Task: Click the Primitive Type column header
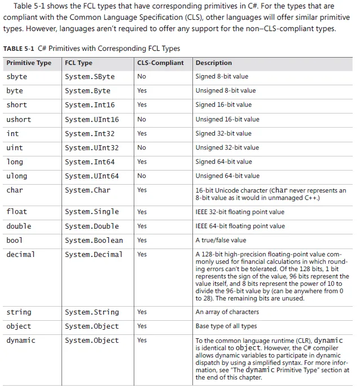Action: [x=29, y=63]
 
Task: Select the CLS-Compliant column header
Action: [x=160, y=63]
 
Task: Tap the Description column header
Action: [x=213, y=63]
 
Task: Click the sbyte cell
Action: [x=16, y=76]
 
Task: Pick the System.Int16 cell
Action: [x=90, y=105]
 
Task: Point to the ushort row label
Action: [x=19, y=119]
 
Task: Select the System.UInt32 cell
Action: [x=92, y=147]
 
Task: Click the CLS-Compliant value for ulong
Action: [x=142, y=176]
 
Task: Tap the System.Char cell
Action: [x=87, y=190]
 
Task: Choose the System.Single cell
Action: [x=92, y=212]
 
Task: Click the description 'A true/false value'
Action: [x=221, y=240]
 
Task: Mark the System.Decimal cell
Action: [x=94, y=254]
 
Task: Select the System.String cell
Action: [x=92, y=312]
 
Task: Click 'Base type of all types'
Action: [x=226, y=326]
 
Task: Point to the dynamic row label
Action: [x=21, y=340]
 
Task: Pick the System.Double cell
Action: [x=92, y=226]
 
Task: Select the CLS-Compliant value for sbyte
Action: [x=142, y=76]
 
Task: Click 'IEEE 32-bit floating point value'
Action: [x=240, y=212]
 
